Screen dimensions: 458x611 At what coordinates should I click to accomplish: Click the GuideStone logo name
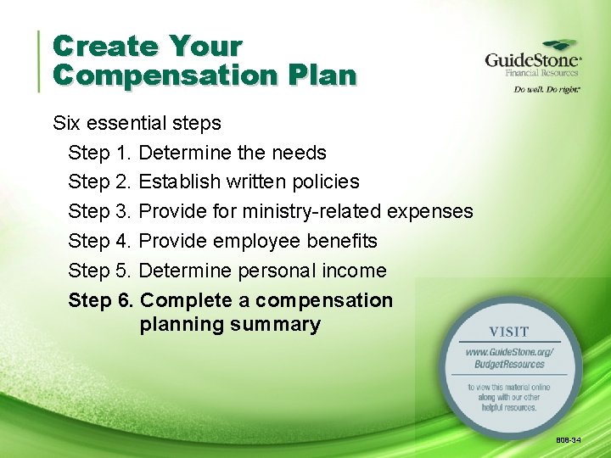coord(532,60)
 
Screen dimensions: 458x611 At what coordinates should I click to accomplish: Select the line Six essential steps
coord(137,123)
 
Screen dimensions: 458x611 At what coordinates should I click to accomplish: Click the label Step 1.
coord(99,153)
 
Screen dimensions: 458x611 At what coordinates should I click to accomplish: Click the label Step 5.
coord(99,271)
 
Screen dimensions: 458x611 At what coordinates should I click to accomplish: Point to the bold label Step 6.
coord(100,300)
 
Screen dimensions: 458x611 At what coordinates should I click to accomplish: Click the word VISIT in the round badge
coord(509,332)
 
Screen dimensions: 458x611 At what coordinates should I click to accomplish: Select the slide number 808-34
coord(569,440)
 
